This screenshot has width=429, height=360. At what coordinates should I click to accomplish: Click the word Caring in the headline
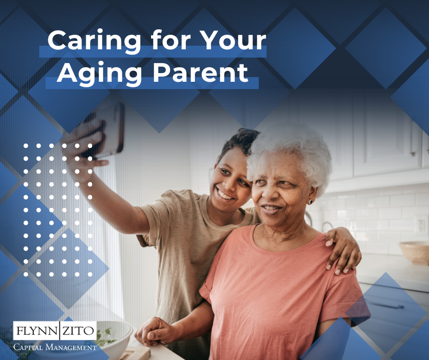[94, 41]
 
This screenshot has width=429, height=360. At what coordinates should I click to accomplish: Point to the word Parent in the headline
[200, 73]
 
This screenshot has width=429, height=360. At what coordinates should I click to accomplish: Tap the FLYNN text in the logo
[37, 331]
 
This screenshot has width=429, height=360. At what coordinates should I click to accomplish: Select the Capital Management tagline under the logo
[55, 347]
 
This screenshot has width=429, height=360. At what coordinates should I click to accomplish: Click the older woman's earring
[310, 201]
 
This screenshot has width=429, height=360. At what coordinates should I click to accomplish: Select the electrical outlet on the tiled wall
[421, 225]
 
